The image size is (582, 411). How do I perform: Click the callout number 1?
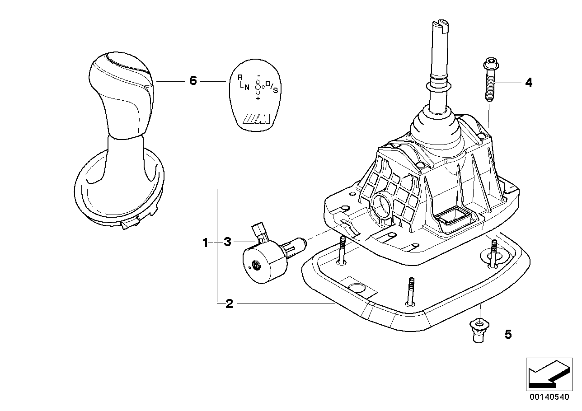click(x=205, y=243)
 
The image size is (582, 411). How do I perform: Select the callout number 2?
click(x=229, y=304)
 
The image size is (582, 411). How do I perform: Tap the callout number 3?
click(x=227, y=243)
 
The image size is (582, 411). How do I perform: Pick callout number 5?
click(x=507, y=334)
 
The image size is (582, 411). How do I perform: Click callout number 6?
click(x=192, y=81)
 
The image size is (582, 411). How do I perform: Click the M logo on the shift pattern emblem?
click(x=256, y=119)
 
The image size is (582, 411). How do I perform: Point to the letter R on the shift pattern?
click(x=240, y=77)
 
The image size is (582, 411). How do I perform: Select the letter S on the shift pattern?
click(x=276, y=90)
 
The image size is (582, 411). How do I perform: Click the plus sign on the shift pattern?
click(x=258, y=98)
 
